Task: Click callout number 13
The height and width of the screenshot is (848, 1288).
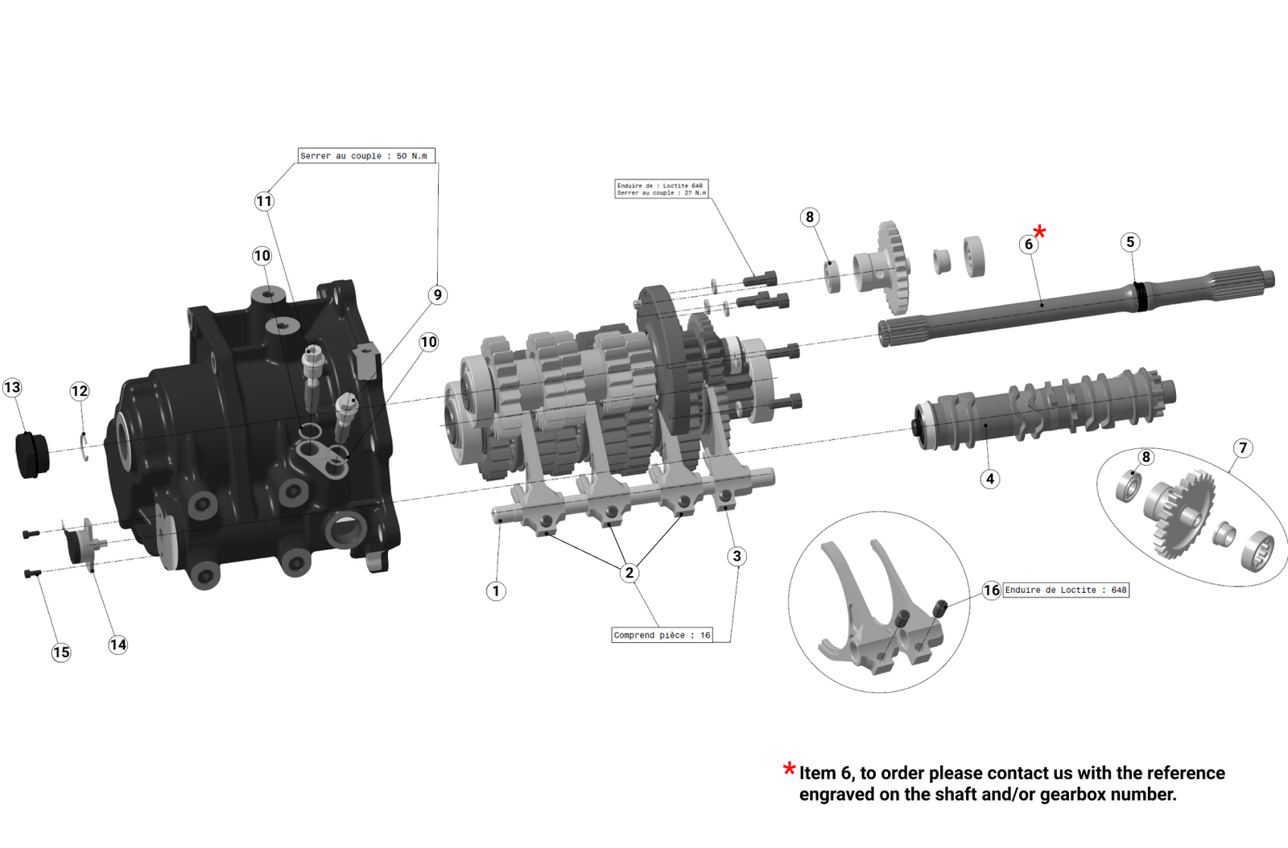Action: (x=12, y=388)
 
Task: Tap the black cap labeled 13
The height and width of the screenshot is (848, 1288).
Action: (x=32, y=455)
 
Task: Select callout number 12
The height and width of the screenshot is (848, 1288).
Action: (x=79, y=391)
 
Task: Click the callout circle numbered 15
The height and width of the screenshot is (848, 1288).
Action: (x=61, y=652)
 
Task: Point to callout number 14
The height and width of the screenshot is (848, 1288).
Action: (x=118, y=644)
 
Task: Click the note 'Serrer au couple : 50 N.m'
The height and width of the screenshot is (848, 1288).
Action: (x=365, y=155)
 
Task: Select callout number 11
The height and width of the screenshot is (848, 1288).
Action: (x=264, y=201)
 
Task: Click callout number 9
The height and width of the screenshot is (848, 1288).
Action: (x=438, y=294)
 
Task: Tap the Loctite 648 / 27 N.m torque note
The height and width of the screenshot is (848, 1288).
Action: (x=661, y=189)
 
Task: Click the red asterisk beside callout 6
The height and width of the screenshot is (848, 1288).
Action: (x=1040, y=232)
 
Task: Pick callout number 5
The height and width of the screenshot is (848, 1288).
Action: (x=1130, y=242)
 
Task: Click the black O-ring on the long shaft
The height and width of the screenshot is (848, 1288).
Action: (x=1140, y=295)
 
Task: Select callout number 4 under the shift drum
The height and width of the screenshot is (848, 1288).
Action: (x=990, y=479)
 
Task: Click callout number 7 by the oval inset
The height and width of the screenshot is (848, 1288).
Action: (x=1243, y=448)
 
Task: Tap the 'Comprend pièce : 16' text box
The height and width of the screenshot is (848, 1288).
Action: (x=662, y=635)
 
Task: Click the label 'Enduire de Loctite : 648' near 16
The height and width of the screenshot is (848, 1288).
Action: (x=1066, y=590)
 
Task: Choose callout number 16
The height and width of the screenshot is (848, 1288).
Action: (x=992, y=591)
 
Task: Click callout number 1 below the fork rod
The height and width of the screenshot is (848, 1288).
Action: (x=496, y=591)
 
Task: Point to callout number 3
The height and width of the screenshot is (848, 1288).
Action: (x=737, y=556)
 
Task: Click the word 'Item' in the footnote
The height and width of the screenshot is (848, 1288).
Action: (x=817, y=773)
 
